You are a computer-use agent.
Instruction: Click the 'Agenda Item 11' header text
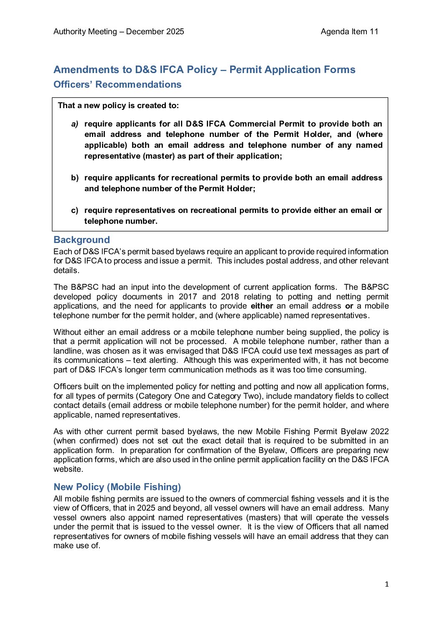(x=349, y=32)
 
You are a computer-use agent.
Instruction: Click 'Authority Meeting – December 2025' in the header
(x=119, y=32)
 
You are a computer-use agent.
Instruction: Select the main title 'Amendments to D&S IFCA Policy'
(x=204, y=70)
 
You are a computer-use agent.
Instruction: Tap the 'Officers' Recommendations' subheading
(x=117, y=84)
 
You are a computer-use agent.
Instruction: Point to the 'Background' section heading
(x=81, y=240)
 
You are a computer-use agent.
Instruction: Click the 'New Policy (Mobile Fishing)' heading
(x=117, y=487)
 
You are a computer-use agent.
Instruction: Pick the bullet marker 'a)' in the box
(x=75, y=124)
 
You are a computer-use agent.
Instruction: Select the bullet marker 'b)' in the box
(x=75, y=178)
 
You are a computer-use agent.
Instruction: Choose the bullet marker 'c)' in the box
(x=75, y=210)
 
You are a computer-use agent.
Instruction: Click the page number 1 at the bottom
(x=386, y=585)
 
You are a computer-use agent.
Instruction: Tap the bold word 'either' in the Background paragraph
(x=262, y=306)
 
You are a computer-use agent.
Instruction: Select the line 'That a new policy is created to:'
(x=118, y=106)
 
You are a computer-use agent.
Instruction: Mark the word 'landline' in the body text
(x=69, y=351)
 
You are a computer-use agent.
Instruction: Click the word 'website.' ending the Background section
(x=68, y=469)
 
